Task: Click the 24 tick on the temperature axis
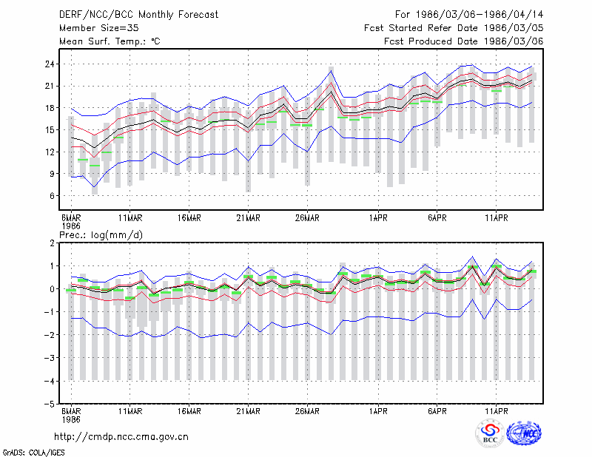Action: pos(50,64)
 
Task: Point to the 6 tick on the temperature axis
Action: pos(52,196)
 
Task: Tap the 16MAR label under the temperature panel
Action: pos(189,218)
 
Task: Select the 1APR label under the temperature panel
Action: pos(378,218)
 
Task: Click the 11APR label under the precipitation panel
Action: pos(496,411)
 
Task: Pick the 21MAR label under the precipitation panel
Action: pos(248,411)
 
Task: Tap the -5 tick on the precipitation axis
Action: pos(50,404)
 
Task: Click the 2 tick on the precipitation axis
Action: pos(52,243)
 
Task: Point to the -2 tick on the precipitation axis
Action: pos(50,335)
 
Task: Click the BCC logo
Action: pos(490,433)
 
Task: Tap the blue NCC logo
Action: pos(524,433)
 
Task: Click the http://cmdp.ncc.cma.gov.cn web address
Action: pos(121,437)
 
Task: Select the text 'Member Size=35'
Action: pos(99,28)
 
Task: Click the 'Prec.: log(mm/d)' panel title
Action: pos(101,235)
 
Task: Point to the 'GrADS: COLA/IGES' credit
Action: pos(33,453)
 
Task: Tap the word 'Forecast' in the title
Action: pos(198,15)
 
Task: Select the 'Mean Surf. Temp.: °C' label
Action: pos(110,41)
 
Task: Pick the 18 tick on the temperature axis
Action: pos(50,108)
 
